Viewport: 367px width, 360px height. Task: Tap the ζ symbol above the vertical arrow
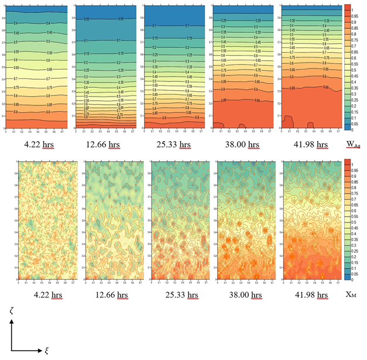(x=12, y=314)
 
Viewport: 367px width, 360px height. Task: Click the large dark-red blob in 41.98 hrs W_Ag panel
(x=288, y=121)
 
